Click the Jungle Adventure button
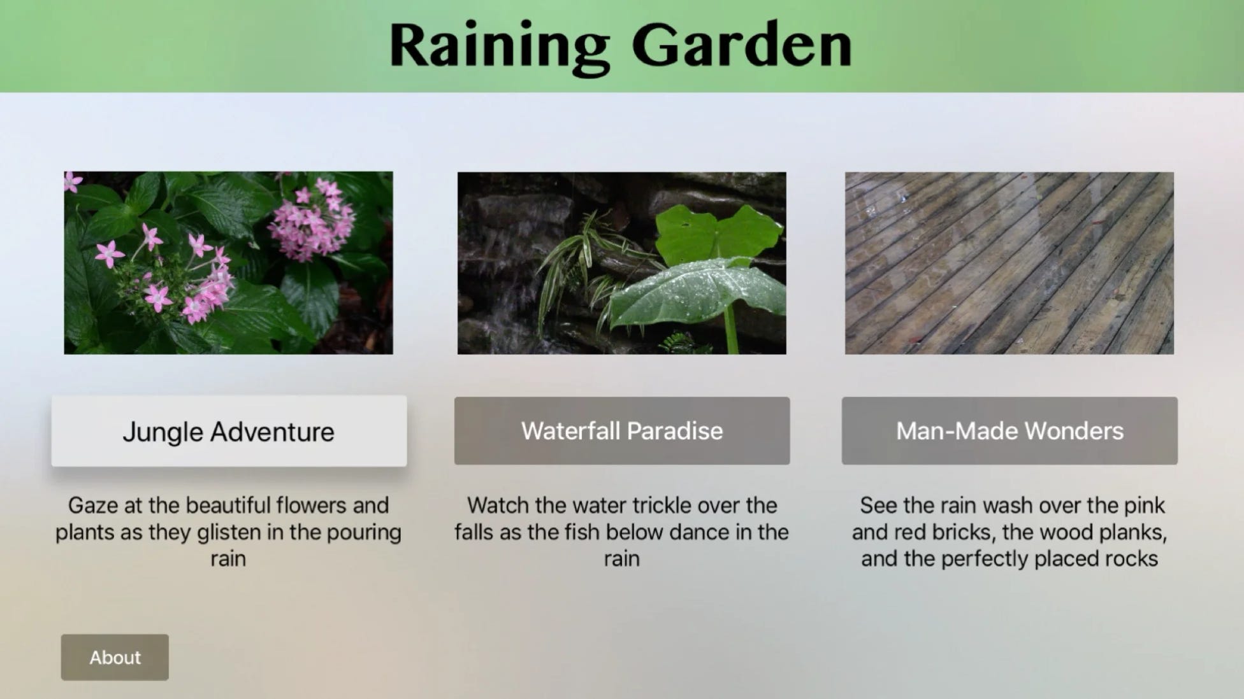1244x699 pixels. click(229, 431)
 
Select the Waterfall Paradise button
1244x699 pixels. click(622, 431)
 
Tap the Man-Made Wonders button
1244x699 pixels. click(1009, 431)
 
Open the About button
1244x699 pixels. click(115, 657)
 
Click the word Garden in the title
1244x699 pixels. click(742, 45)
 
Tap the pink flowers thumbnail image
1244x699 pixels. click(228, 263)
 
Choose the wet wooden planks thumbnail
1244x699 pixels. click(1009, 263)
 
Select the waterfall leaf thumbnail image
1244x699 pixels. click(622, 263)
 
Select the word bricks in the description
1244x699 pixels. click(936, 532)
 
